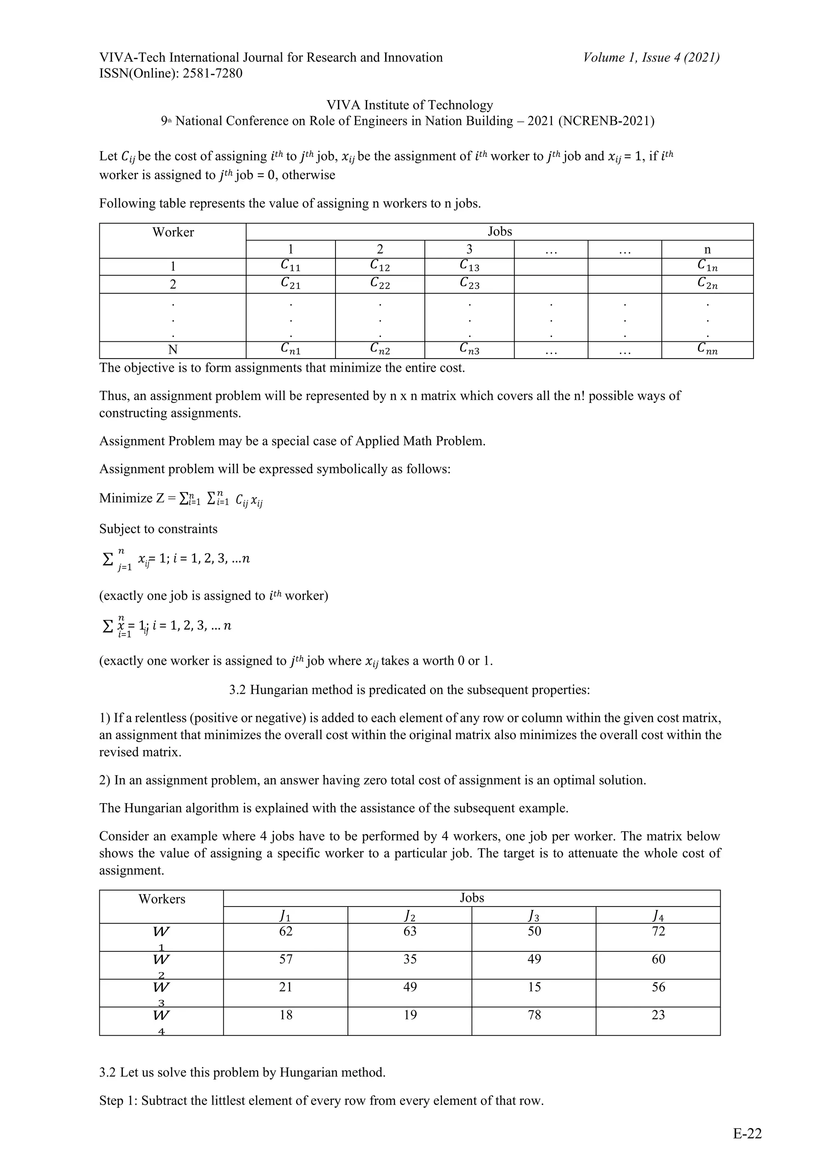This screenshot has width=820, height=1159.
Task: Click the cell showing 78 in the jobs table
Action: (x=534, y=1015)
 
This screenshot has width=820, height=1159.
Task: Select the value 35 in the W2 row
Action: (x=410, y=959)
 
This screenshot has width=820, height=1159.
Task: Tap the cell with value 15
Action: (x=534, y=987)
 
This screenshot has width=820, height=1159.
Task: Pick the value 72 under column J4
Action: (x=658, y=931)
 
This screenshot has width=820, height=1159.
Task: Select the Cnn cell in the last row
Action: (x=707, y=349)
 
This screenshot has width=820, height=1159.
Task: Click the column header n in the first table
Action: (x=707, y=249)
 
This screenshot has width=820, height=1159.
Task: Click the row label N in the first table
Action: (x=173, y=350)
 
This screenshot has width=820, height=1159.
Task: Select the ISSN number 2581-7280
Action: (x=212, y=74)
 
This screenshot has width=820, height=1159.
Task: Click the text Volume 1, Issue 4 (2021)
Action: (x=651, y=58)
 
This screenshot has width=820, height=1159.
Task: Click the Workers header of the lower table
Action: (x=162, y=899)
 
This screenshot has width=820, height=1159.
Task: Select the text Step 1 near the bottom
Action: (x=117, y=1101)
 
